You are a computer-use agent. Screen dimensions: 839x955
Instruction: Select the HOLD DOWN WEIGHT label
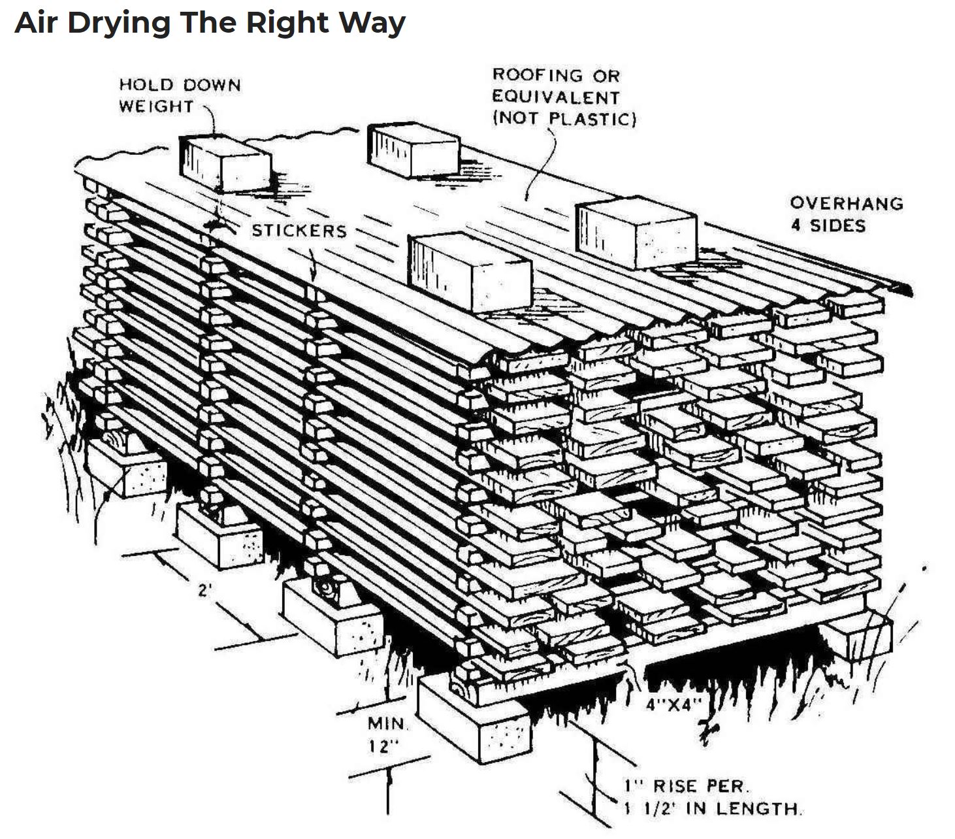[x=179, y=95]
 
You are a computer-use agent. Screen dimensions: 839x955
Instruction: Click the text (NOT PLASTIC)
[x=564, y=119]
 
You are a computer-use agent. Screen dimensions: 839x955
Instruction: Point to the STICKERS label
[x=299, y=231]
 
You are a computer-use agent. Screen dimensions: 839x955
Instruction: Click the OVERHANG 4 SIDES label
[x=845, y=214]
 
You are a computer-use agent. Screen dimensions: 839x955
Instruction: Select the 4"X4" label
[x=673, y=704]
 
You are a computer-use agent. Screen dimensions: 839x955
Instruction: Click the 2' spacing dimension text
[x=205, y=591]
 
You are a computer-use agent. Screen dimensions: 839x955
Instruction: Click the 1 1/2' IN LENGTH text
[x=711, y=808]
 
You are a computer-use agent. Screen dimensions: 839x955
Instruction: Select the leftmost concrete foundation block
[x=128, y=467]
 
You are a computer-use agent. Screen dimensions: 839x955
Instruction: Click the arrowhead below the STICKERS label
[x=313, y=274]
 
